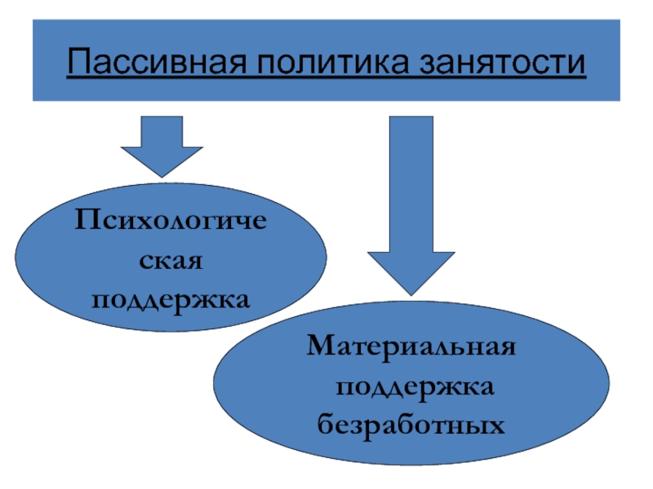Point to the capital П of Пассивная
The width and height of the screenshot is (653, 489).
[x=77, y=62]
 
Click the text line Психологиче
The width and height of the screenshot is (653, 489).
[x=171, y=222]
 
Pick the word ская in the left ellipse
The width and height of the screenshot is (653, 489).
[x=171, y=261]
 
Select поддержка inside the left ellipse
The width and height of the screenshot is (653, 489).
[x=171, y=300]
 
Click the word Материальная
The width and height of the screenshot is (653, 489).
[x=412, y=347]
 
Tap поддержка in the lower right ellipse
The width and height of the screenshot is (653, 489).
[x=412, y=386]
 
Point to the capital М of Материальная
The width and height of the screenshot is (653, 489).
[x=321, y=347]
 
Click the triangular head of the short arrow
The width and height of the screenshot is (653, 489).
[x=162, y=161]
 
